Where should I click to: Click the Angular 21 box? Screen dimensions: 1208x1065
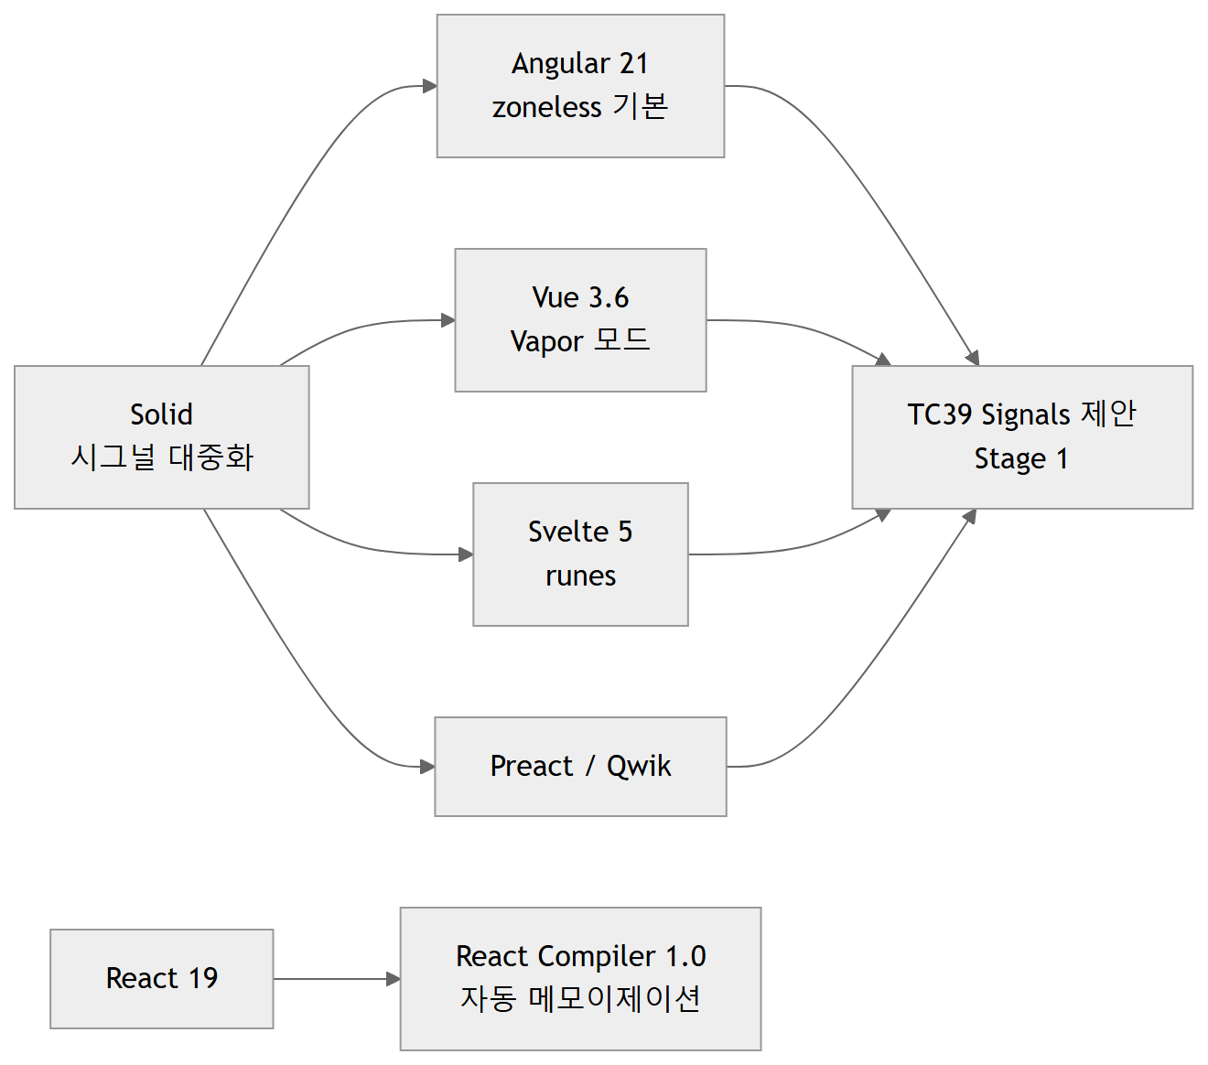tap(580, 86)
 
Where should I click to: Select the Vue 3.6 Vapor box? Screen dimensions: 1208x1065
tap(580, 320)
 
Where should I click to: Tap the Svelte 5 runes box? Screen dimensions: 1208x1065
tap(580, 554)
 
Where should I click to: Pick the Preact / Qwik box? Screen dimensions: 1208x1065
tap(580, 766)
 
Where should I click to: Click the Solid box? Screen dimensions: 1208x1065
tap(162, 437)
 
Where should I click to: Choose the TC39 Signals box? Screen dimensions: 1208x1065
tap(1022, 437)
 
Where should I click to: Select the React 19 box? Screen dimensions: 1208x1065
tap(162, 978)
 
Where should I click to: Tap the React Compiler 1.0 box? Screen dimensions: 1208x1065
tap(580, 978)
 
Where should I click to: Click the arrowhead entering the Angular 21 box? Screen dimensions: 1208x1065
tap(430, 86)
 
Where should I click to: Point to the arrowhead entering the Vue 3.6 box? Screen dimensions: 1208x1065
tap(448, 320)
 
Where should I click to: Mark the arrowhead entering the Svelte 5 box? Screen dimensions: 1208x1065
tap(466, 554)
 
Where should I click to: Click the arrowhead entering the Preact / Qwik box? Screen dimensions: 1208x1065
tap(427, 766)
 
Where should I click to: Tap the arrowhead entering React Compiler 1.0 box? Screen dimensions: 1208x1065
tap(393, 978)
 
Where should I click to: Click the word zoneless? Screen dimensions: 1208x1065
tap(546, 107)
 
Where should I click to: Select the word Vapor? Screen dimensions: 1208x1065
tap(546, 341)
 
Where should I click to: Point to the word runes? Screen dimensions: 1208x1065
tap(580, 576)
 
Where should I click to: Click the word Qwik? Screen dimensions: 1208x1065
tap(639, 766)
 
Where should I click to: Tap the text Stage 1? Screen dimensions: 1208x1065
tap(1021, 459)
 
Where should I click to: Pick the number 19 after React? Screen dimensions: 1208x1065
tap(203, 978)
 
